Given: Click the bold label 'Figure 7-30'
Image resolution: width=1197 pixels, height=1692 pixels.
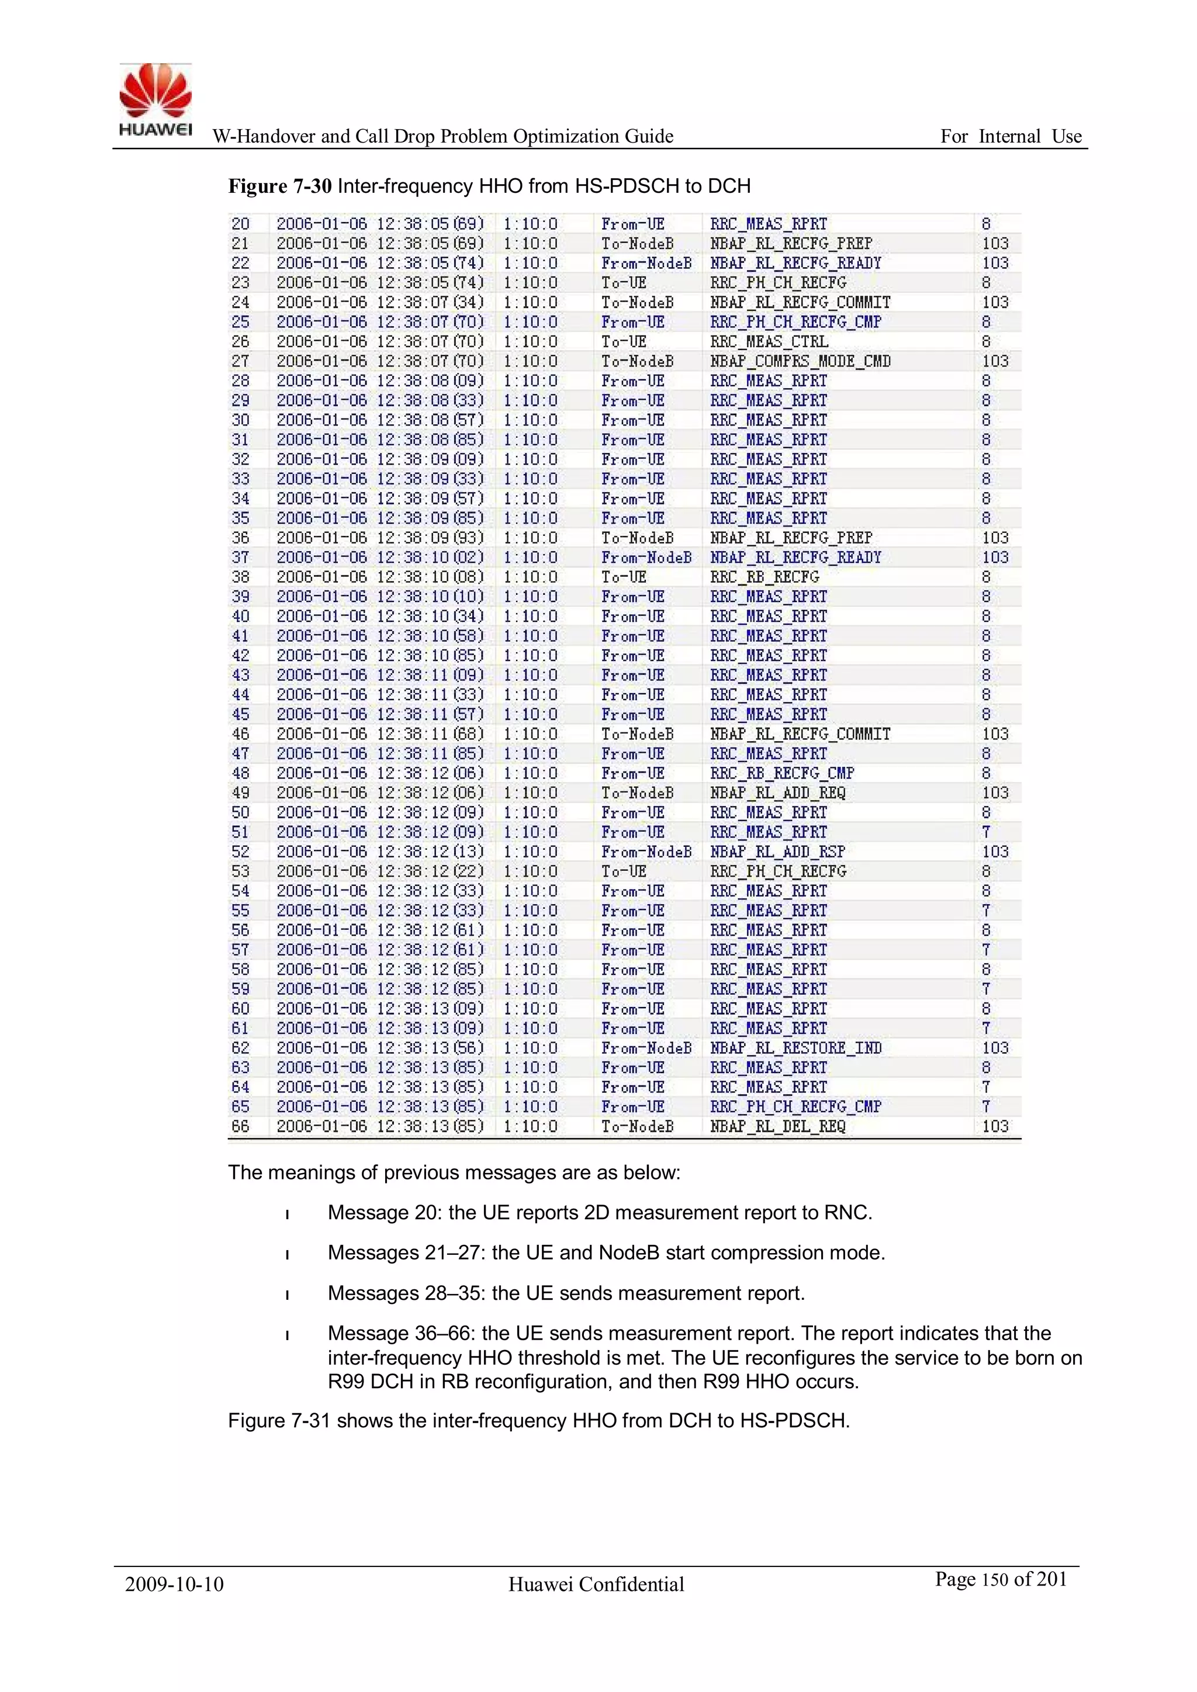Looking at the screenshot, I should click(x=279, y=186).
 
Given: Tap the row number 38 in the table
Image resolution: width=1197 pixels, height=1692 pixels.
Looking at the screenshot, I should click(x=240, y=577).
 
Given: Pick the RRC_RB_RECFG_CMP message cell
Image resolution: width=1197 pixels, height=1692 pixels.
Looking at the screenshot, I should click(x=781, y=773).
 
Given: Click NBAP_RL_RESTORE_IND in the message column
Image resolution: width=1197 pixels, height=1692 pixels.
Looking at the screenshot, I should click(x=795, y=1048).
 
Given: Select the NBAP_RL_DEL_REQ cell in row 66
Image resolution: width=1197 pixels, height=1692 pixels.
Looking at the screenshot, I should click(x=777, y=1126).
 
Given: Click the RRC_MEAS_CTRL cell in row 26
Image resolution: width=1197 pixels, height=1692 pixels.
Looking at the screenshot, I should click(x=769, y=342).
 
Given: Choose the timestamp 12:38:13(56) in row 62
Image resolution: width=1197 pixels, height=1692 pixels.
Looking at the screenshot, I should click(x=430, y=1048).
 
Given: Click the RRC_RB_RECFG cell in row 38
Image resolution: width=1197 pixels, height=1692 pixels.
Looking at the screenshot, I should click(x=764, y=577).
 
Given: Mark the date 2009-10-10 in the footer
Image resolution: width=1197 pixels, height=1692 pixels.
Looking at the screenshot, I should click(x=174, y=1584).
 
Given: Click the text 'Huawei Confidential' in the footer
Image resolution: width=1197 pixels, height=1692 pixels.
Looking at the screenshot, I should click(x=596, y=1584).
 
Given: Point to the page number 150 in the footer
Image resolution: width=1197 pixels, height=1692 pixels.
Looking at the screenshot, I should click(x=994, y=1580).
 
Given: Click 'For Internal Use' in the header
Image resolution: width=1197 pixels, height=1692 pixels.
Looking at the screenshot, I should click(x=1011, y=136).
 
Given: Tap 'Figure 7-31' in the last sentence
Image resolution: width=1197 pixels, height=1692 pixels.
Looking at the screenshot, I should click(x=278, y=1420).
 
